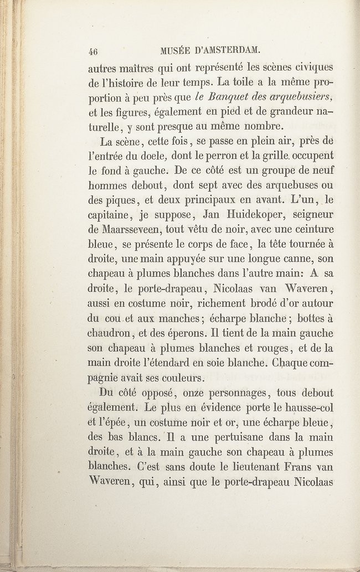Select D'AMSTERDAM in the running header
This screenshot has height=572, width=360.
[x=226, y=50]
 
